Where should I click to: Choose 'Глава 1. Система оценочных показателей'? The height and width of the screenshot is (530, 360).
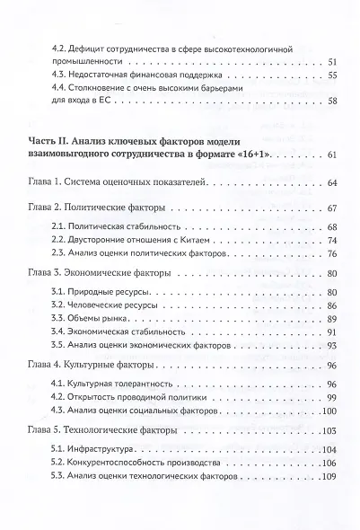[x=117, y=183]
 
